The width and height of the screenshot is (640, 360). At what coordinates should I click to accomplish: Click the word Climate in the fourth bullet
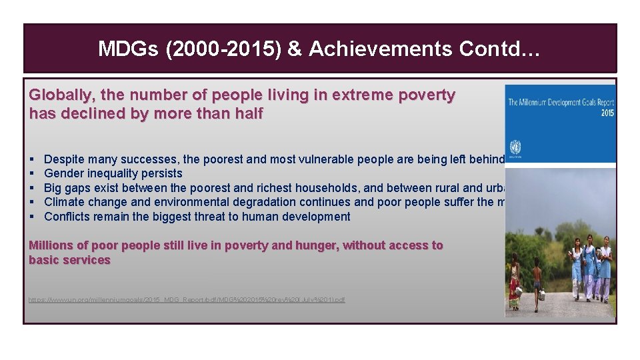point(65,202)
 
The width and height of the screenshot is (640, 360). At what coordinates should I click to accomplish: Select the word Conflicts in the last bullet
point(68,217)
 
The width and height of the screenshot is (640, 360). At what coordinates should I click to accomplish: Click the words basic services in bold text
point(69,260)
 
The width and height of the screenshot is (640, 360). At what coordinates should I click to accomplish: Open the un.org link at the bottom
point(187,300)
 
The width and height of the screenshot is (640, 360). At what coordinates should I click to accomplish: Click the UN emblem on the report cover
point(515,147)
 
